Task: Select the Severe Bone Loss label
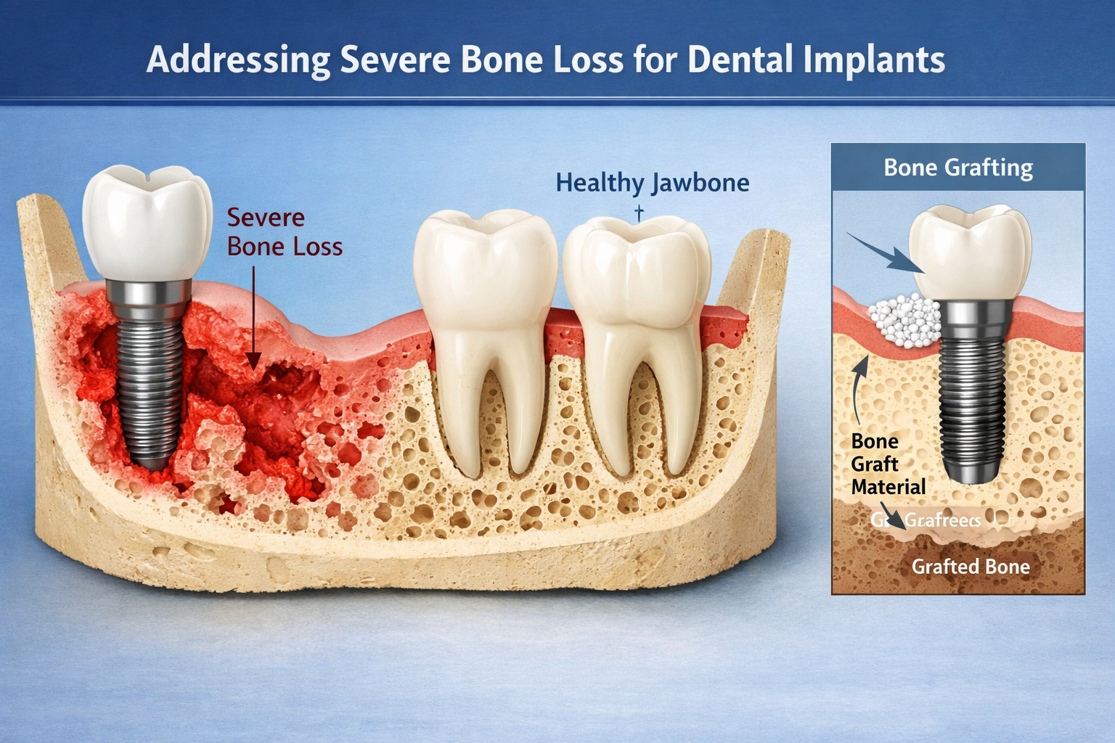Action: click(x=284, y=232)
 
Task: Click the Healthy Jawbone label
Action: click(x=652, y=183)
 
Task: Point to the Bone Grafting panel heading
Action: click(x=958, y=168)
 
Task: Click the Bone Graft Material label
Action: click(x=887, y=464)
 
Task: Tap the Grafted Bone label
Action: click(x=971, y=567)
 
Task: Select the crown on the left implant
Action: click(x=147, y=221)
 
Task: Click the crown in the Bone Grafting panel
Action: click(x=970, y=250)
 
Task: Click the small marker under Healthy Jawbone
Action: click(x=639, y=213)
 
